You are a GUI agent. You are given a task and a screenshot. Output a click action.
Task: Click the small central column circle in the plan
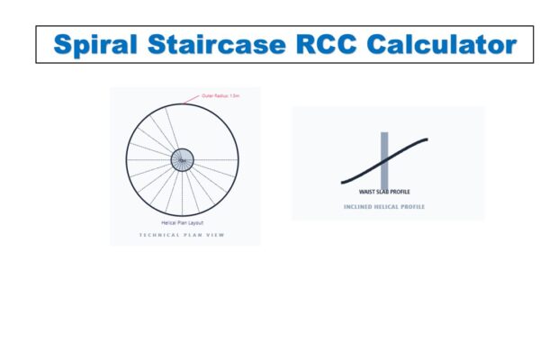click(183, 160)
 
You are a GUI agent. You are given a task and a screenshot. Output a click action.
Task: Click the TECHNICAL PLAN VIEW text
click(183, 235)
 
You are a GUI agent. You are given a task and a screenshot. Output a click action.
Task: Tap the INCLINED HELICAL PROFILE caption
click(384, 207)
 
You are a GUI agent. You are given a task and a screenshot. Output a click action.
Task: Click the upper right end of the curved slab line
click(426, 139)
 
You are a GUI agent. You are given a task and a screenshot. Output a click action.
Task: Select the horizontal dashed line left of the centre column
click(148, 160)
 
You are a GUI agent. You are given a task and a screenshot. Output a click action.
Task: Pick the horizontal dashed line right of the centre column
click(216, 160)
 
